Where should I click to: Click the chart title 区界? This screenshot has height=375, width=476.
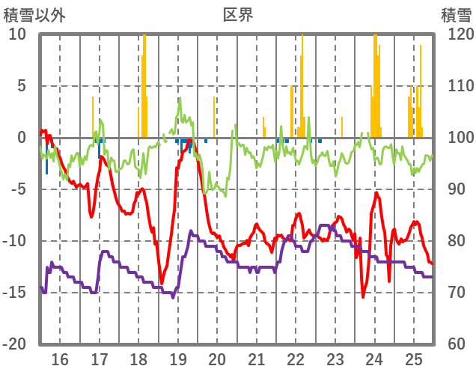(x=238, y=14)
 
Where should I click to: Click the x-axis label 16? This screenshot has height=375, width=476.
(x=59, y=358)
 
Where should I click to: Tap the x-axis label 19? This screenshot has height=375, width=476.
(x=177, y=358)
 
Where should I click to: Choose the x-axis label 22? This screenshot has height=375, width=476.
(x=296, y=358)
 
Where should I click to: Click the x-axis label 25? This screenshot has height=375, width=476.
(x=414, y=358)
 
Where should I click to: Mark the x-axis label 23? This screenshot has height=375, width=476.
(x=335, y=358)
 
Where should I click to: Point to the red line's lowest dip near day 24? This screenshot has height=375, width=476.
(x=364, y=296)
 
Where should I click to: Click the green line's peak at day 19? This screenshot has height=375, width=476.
(x=180, y=98)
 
